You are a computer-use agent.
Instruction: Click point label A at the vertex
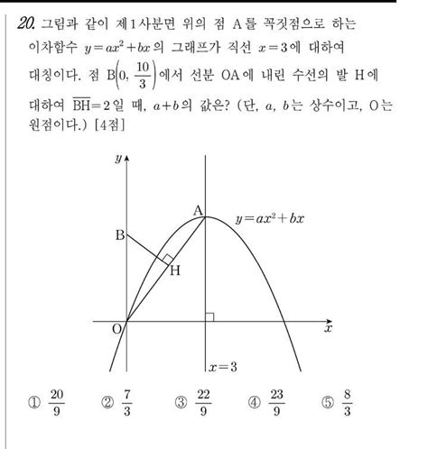point(196,210)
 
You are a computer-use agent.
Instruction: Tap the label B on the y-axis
point(117,236)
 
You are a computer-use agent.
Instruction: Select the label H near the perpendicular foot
point(173,270)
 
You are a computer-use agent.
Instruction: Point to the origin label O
point(116,329)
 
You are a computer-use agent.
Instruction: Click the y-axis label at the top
point(118,159)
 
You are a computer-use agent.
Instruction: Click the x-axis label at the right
point(328,330)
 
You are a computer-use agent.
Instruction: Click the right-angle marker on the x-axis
point(209,316)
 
